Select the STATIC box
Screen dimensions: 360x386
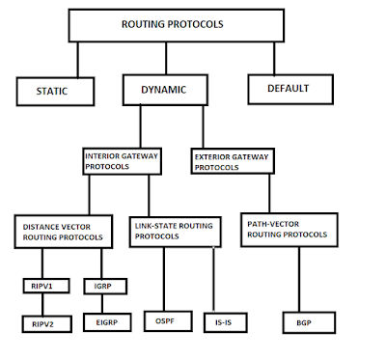point(56,92)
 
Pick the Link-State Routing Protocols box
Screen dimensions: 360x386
point(177,230)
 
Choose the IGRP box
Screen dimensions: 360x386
point(102,286)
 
